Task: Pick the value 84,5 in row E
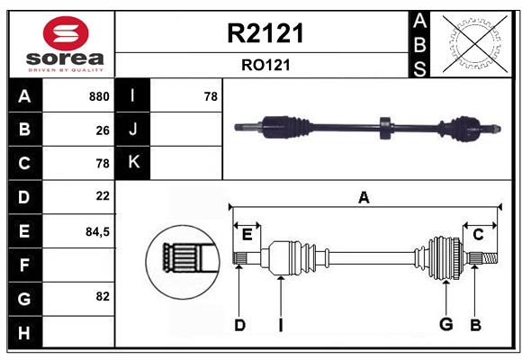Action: tap(97, 231)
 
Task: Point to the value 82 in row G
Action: tap(102, 296)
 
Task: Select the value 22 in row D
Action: tap(103, 195)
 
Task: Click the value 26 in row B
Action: tap(103, 130)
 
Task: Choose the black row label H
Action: tap(24, 333)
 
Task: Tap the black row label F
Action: tap(24, 265)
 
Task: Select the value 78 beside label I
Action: tap(211, 96)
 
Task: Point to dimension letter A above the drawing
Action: tap(364, 198)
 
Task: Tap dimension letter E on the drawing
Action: tap(247, 235)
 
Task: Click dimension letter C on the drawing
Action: tap(478, 235)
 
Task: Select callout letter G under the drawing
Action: tap(445, 324)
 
